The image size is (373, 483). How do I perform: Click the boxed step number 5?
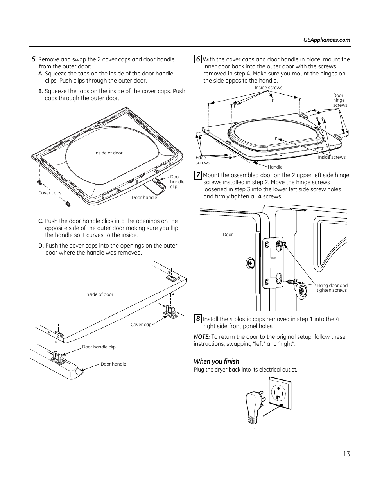33,59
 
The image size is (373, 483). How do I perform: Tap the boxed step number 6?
198,59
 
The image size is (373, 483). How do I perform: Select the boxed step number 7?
198,175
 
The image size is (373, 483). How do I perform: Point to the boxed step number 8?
198,319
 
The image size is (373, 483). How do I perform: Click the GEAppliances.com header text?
326,40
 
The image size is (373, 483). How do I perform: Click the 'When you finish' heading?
216,361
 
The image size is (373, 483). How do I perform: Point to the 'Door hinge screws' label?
340,100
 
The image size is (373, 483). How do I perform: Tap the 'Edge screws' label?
203,160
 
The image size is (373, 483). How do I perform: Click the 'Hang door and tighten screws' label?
332,288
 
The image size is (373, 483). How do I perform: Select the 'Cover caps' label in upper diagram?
50,193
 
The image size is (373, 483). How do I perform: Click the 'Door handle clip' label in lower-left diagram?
99,347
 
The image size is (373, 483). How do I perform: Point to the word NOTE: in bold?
202,337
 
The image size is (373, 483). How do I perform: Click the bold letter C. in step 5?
41,221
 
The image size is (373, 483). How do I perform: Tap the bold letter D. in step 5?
41,246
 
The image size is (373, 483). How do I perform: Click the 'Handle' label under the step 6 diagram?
275,167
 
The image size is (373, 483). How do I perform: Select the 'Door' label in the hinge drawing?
228,235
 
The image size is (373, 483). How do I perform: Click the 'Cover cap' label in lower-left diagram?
141,325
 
